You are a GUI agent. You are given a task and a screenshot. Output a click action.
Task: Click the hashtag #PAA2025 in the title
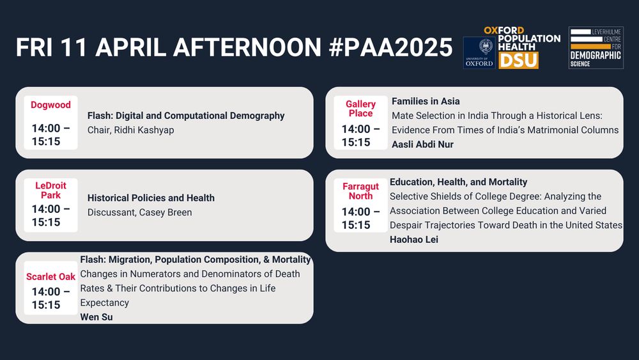pyautogui.click(x=390, y=47)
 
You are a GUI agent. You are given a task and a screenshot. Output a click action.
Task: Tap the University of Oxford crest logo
pyautogui.click(x=479, y=52)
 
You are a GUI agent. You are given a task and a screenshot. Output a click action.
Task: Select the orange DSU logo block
pyautogui.click(x=519, y=61)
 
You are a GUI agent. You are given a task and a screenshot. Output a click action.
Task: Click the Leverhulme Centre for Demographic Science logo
pyautogui.click(x=596, y=48)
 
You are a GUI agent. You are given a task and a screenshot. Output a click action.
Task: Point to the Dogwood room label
pyautogui.click(x=50, y=105)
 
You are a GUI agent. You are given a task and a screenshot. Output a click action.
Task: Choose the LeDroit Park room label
pyautogui.click(x=50, y=191)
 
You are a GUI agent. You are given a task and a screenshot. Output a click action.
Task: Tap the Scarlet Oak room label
pyautogui.click(x=50, y=276)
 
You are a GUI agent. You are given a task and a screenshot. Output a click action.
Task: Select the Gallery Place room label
pyautogui.click(x=360, y=109)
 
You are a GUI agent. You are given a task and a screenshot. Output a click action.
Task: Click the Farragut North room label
pyautogui.click(x=360, y=191)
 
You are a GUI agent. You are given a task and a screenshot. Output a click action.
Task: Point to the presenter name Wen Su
pyautogui.click(x=96, y=317)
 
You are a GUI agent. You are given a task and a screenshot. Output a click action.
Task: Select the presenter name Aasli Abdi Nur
pyautogui.click(x=422, y=145)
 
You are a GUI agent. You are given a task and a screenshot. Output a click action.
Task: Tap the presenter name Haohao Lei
pyautogui.click(x=413, y=239)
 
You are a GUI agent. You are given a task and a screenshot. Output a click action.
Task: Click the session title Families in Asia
pyautogui.click(x=426, y=101)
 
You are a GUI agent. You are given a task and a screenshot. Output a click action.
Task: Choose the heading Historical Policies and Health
pyautogui.click(x=151, y=198)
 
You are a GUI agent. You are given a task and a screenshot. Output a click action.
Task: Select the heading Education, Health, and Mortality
pyautogui.click(x=458, y=182)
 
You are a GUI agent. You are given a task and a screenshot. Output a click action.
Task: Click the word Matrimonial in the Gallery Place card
pyautogui.click(x=554, y=130)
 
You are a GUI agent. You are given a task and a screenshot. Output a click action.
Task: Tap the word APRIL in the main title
pyautogui.click(x=130, y=47)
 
